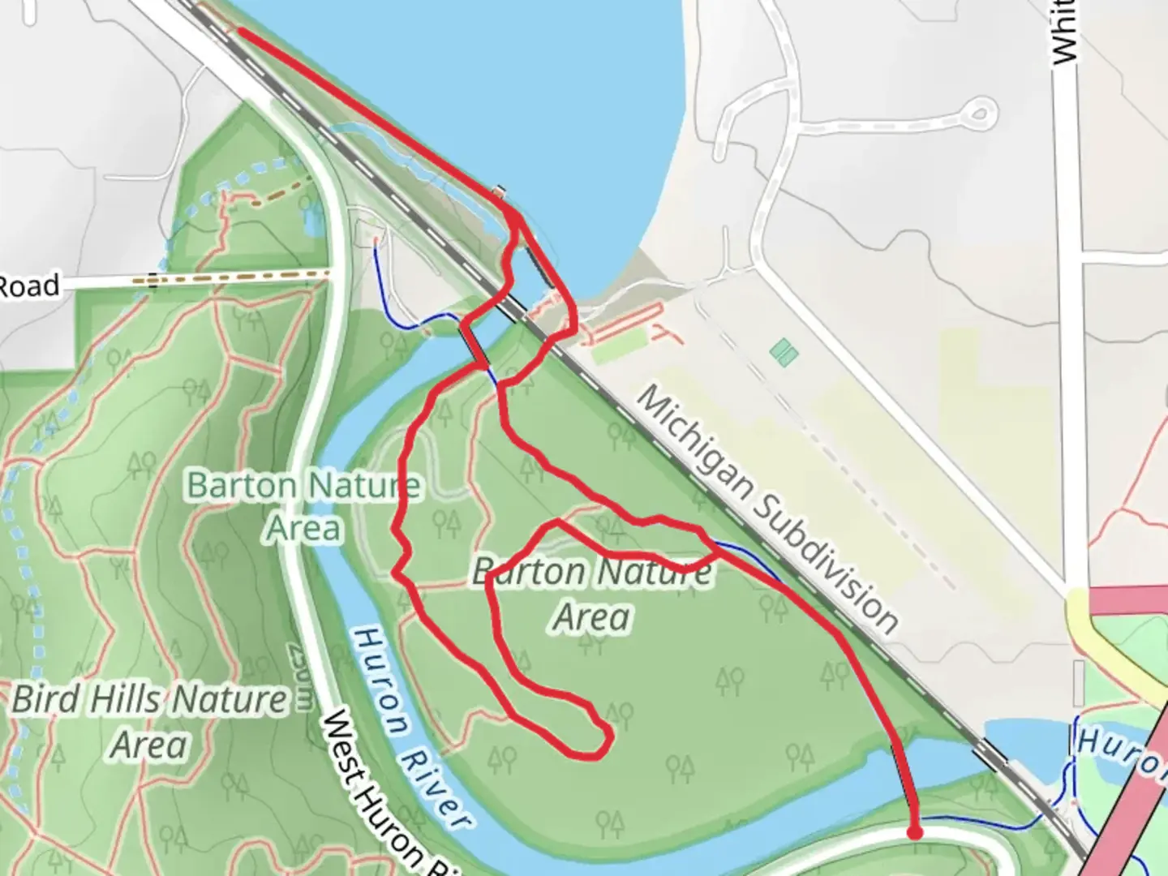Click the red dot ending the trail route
pos(915,832)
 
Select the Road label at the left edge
pos(30,286)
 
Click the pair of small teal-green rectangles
pos(784,353)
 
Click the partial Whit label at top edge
pos(1064,32)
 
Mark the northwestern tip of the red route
pos(240,32)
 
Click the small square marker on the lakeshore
pos(500,191)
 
